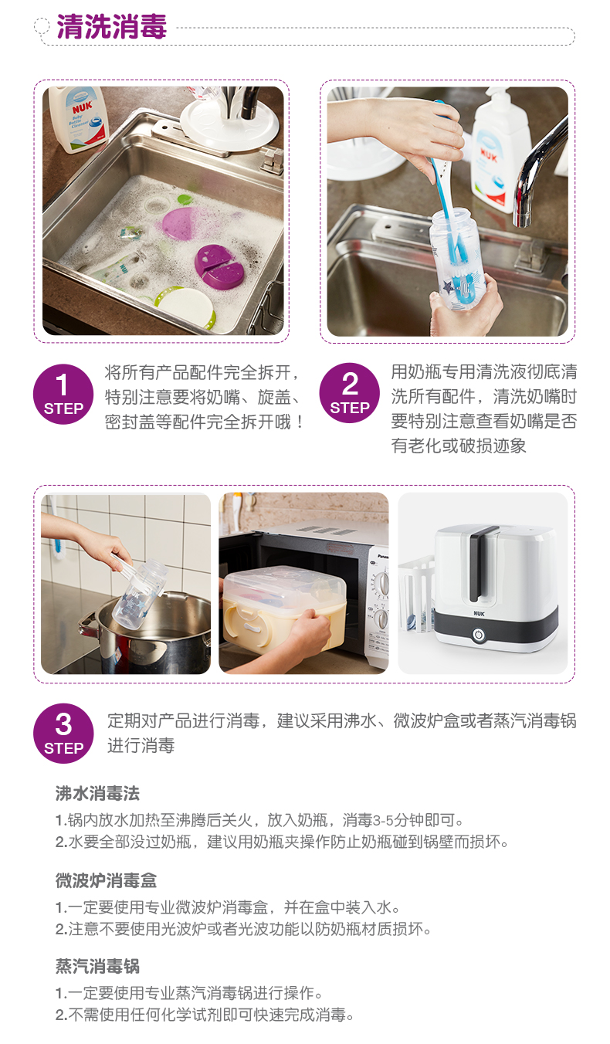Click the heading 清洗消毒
point(111,26)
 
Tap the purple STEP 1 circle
point(63,394)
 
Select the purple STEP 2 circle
point(350,393)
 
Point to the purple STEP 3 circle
point(63,733)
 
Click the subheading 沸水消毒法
point(97,793)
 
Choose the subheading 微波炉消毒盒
point(106,880)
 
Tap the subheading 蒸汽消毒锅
point(97,966)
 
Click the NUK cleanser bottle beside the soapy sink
point(78,119)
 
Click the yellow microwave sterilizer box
point(284,608)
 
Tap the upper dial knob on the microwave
point(382,585)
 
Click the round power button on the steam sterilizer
point(477,635)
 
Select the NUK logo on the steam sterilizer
point(479,613)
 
